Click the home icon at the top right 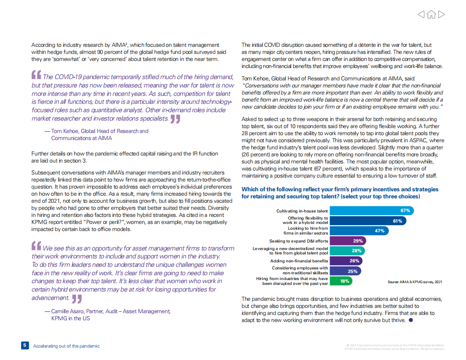tap(431, 15)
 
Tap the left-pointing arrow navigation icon tap(421, 15)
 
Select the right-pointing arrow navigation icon tap(441, 15)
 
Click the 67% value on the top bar tap(405, 211)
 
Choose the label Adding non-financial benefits tap(299, 261)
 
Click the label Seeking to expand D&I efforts tap(299, 241)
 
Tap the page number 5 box tap(25, 345)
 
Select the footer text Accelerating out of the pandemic tap(66, 346)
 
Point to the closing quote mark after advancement tap(77, 299)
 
